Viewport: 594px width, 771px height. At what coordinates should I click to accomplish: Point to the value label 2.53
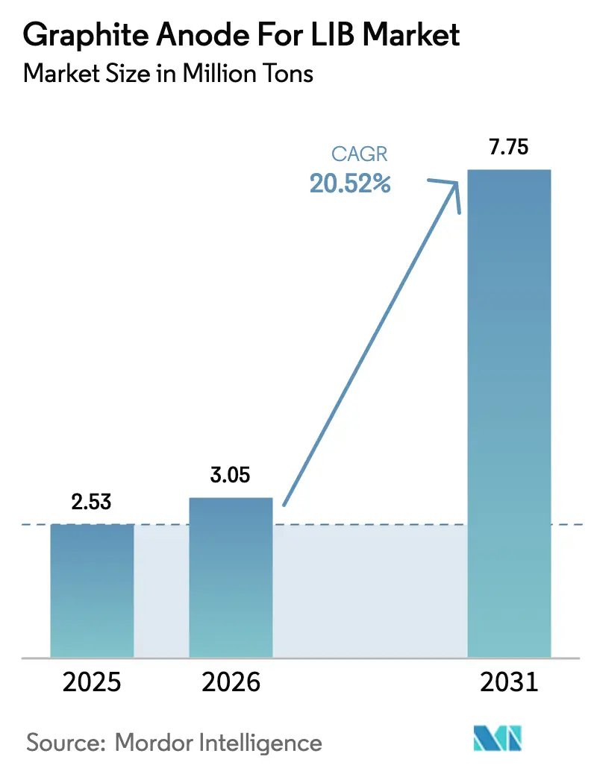[x=92, y=501]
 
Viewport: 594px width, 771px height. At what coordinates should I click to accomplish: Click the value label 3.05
[x=231, y=474]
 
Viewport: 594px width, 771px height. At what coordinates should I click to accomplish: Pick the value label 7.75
[x=509, y=147]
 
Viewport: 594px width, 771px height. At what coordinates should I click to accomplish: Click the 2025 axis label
[x=92, y=682]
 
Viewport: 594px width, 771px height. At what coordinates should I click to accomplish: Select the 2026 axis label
[x=231, y=682]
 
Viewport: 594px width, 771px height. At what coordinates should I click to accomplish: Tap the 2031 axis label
[x=509, y=682]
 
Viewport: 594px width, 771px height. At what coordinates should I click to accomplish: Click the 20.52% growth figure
[x=350, y=183]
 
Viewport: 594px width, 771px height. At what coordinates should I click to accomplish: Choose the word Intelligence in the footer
[x=261, y=743]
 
